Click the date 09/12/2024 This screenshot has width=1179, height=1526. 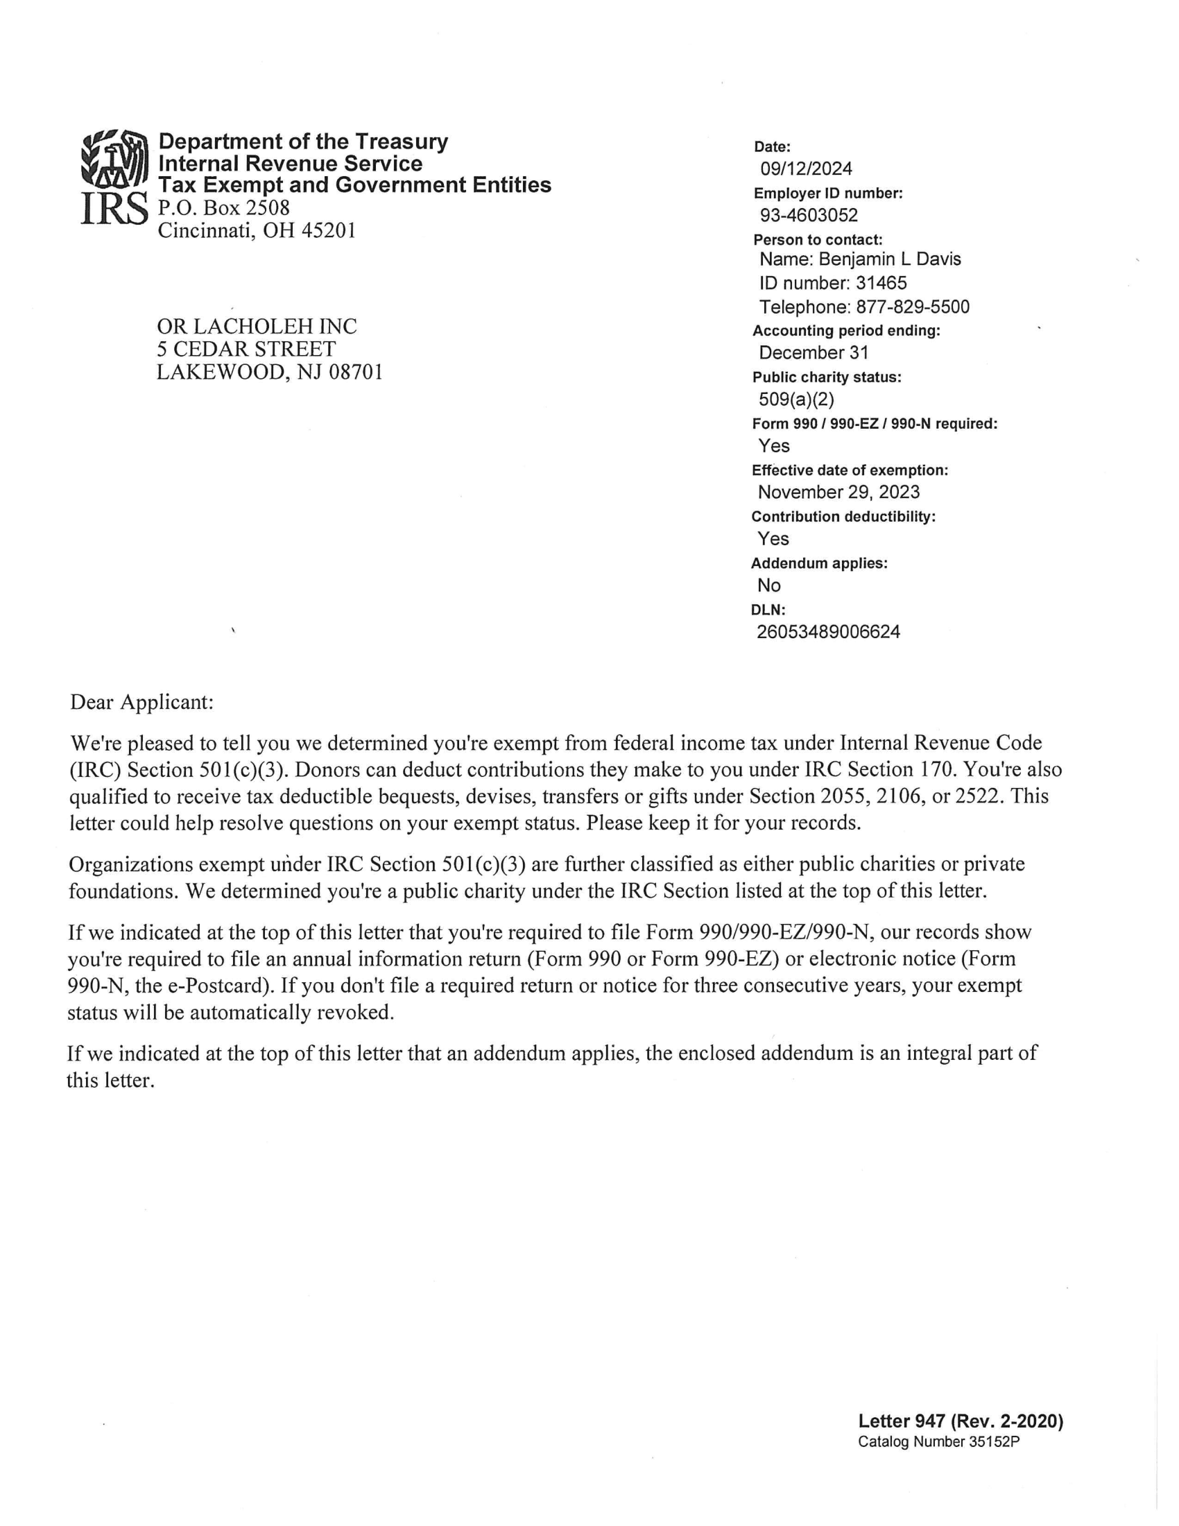click(x=806, y=169)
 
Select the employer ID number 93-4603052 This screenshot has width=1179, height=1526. click(x=809, y=215)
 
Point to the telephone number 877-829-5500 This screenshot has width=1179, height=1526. click(x=912, y=307)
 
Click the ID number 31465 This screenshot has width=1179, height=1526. click(x=881, y=283)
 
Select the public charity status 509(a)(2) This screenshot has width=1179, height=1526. click(x=796, y=399)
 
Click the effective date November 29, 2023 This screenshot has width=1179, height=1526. click(x=838, y=492)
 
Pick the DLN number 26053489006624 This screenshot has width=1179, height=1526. click(x=828, y=632)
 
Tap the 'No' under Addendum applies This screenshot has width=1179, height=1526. click(x=768, y=585)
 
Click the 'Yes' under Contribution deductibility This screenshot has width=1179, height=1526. click(x=773, y=539)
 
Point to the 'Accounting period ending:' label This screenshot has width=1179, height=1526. click(x=846, y=330)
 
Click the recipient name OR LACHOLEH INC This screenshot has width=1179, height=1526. click(x=257, y=326)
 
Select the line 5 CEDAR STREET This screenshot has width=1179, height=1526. click(x=246, y=350)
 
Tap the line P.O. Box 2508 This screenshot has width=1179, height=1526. click(x=223, y=207)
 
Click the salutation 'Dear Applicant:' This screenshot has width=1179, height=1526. click(x=141, y=702)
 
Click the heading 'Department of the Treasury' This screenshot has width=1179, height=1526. click(x=303, y=141)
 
